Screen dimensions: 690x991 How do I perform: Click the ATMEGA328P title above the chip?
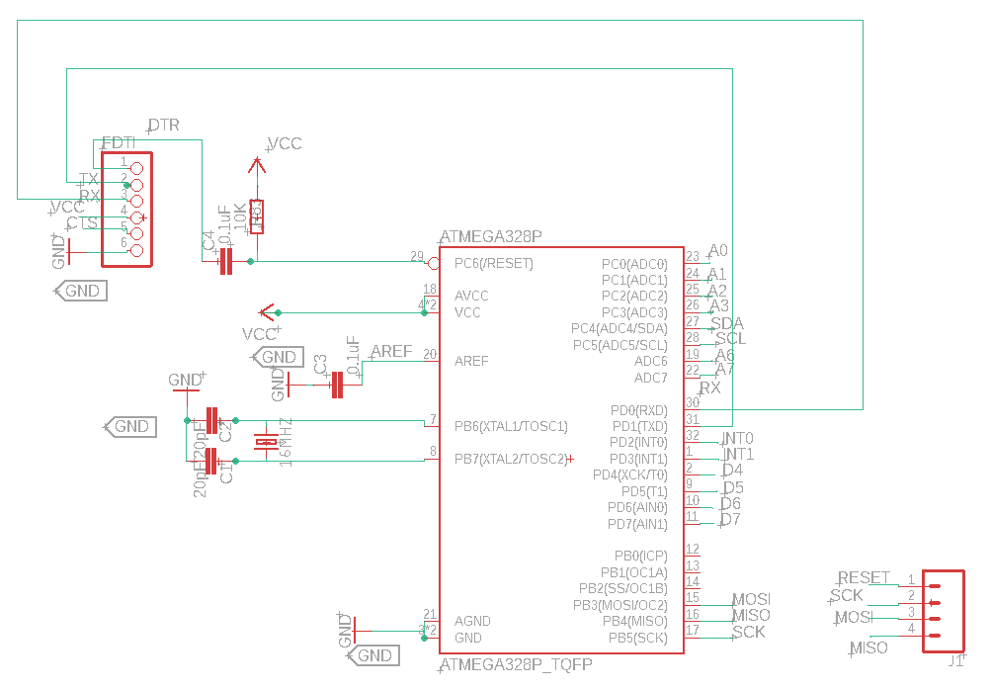tap(491, 237)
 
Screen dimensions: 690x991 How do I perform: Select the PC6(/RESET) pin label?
tap(493, 264)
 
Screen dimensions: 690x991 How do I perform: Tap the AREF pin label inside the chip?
tap(471, 361)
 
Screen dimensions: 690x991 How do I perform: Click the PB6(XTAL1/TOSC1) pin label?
tap(511, 426)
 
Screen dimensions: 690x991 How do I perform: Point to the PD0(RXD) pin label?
tap(638, 410)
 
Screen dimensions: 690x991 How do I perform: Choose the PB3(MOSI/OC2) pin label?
tap(620, 605)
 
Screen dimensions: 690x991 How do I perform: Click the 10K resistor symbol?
tap(256, 216)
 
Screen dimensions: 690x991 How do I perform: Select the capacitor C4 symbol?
tap(225, 261)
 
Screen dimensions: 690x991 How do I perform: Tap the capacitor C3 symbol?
tap(337, 385)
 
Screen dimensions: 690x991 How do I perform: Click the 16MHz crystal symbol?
tap(267, 442)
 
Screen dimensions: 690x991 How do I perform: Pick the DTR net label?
tap(164, 126)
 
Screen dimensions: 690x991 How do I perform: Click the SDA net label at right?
tap(727, 324)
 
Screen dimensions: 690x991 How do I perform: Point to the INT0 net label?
tap(738, 438)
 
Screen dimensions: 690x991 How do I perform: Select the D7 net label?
tap(730, 520)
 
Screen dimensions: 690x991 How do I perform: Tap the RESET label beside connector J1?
tap(864, 578)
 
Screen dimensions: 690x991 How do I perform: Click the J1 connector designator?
tap(954, 662)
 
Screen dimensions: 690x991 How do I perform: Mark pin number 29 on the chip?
tap(417, 256)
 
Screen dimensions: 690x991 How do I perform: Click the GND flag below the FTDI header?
tap(80, 291)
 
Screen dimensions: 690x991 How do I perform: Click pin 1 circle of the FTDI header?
tap(137, 169)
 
